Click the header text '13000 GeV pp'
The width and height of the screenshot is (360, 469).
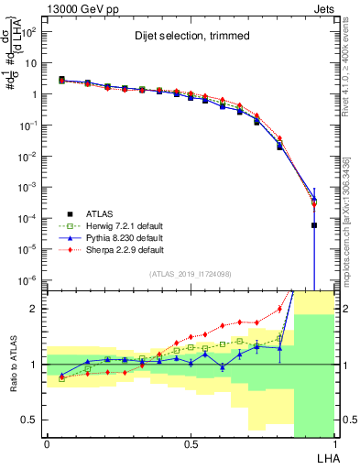(78, 8)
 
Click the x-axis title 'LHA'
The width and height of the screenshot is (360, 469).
(325, 458)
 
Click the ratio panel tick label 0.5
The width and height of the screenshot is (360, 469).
(29, 420)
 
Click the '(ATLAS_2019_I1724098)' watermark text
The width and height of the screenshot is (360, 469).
(190, 274)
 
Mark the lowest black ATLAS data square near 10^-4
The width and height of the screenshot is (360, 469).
(314, 224)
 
